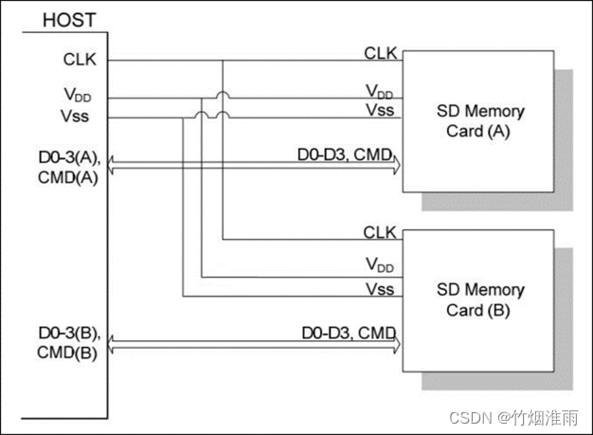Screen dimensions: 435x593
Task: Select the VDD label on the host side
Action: click(x=80, y=97)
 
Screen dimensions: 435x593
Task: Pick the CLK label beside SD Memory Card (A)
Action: click(x=380, y=53)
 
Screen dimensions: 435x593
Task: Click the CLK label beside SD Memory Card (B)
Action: click(x=380, y=232)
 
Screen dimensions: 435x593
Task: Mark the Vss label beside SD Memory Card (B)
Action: click(x=381, y=289)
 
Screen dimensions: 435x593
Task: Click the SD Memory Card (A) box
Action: click(x=478, y=121)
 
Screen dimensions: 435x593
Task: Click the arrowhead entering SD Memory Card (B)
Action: click(x=396, y=344)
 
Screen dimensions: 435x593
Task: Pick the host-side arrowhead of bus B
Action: click(x=115, y=344)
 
